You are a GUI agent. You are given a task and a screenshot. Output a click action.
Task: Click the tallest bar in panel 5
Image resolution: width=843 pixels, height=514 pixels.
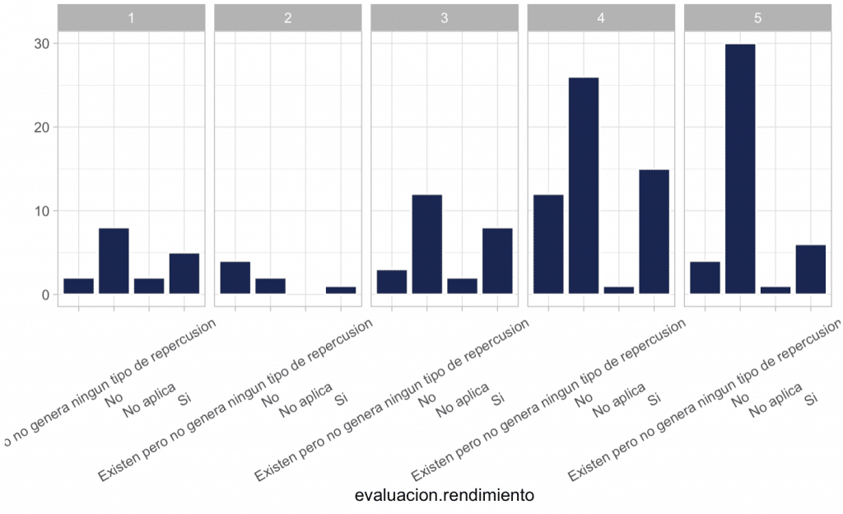pos(739,169)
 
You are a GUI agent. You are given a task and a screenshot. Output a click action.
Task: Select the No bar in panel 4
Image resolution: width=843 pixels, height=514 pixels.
pos(583,185)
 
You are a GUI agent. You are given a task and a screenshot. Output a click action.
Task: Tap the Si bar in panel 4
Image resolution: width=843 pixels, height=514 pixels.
pos(654,231)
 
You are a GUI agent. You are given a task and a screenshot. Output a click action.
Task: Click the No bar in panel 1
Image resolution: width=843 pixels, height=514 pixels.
pos(114,260)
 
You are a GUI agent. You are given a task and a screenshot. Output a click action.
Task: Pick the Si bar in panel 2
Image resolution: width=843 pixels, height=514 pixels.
pos(341,290)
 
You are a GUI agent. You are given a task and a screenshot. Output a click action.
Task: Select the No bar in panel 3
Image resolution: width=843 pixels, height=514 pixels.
pos(426,244)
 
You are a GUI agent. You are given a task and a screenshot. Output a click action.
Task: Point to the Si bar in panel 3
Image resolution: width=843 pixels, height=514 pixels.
pos(497,260)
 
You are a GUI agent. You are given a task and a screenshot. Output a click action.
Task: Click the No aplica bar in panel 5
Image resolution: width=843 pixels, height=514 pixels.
pos(775,290)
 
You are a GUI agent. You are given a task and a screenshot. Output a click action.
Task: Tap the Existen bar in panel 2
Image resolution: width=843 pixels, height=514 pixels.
pos(235,278)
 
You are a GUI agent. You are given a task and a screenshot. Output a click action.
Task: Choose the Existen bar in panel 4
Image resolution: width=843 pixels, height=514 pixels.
pos(547,244)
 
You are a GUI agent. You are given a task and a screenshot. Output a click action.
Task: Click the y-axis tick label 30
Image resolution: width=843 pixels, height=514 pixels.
pos(40,44)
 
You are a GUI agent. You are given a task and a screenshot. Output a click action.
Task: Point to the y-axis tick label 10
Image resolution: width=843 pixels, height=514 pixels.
pos(40,211)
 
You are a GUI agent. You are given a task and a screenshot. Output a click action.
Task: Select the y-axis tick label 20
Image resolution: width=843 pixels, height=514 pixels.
pos(40,128)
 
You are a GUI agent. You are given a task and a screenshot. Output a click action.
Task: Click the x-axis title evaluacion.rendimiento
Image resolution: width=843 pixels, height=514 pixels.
pos(445,495)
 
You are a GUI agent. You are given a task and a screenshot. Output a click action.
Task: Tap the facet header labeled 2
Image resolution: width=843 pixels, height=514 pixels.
pos(287,18)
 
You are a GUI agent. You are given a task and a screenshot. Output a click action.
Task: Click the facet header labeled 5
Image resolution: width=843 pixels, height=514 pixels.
pos(757,18)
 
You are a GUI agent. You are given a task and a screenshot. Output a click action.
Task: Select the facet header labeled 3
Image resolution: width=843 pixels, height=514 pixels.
pos(444,18)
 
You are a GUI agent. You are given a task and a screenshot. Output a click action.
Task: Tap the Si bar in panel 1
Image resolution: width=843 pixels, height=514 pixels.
pos(184,273)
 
